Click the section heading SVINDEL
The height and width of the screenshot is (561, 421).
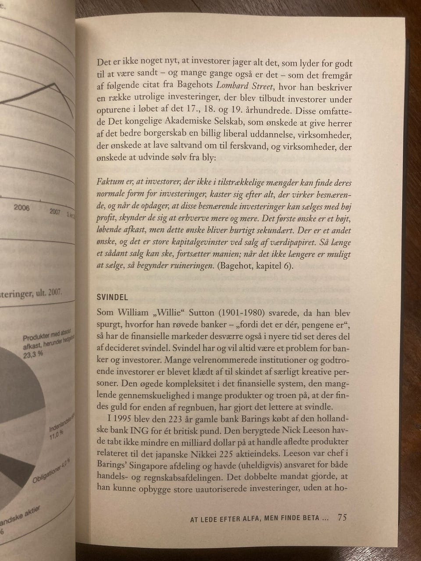pyautogui.click(x=112, y=297)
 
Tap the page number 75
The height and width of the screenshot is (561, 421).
pyautogui.click(x=343, y=518)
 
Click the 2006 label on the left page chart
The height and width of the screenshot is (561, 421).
pyautogui.click(x=21, y=207)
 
